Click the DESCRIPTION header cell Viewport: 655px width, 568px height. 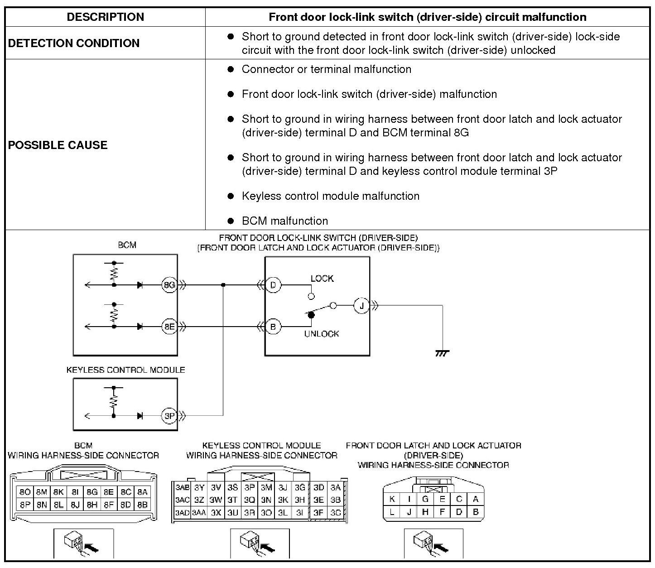click(x=105, y=17)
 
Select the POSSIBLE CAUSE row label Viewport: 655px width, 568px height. click(x=58, y=145)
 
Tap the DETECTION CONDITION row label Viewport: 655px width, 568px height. click(x=74, y=43)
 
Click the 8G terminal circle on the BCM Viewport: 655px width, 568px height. click(x=169, y=285)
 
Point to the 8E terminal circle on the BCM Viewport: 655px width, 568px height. click(x=169, y=326)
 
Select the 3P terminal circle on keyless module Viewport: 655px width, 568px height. click(x=169, y=415)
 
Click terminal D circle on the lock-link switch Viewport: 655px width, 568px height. click(x=273, y=285)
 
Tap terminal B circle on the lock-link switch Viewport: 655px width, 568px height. click(x=273, y=326)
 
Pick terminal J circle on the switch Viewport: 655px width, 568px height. click(x=361, y=306)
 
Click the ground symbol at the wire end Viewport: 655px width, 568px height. click(x=442, y=353)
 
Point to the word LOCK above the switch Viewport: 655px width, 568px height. click(x=322, y=278)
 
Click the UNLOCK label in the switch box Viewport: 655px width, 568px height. click(x=322, y=334)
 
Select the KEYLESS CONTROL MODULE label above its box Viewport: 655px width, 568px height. click(x=125, y=370)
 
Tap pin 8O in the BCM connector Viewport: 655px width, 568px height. click(x=25, y=492)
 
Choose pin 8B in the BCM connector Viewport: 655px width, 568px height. click(x=142, y=504)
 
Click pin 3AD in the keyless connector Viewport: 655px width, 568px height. click(x=182, y=513)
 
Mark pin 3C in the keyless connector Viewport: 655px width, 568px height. click(x=335, y=513)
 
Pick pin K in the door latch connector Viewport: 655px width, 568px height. click(x=392, y=499)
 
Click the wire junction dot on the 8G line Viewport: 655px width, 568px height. click(x=223, y=285)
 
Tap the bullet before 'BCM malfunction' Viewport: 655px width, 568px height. click(x=231, y=221)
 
